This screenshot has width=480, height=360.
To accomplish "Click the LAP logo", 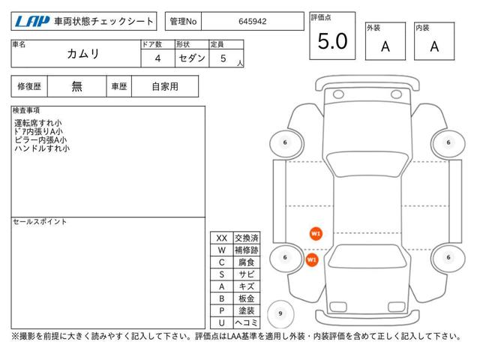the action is pyautogui.click(x=32, y=22).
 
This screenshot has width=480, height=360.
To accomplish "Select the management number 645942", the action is pyautogui.click(x=253, y=22).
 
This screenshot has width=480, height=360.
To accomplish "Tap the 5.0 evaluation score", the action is pyautogui.click(x=332, y=41).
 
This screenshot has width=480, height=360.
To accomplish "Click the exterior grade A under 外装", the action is pyautogui.click(x=385, y=46).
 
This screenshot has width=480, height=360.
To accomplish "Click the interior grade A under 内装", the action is pyautogui.click(x=434, y=46).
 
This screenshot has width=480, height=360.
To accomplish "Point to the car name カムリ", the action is pyautogui.click(x=83, y=54).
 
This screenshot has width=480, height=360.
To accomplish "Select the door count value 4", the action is pyautogui.click(x=157, y=58).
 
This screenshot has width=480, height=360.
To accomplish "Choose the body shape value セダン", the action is pyautogui.click(x=192, y=58).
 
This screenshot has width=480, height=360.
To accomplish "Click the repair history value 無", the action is pyautogui.click(x=76, y=87).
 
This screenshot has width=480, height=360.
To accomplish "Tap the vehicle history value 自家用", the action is pyautogui.click(x=165, y=87).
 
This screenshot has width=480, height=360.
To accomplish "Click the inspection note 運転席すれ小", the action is pyautogui.click(x=38, y=123).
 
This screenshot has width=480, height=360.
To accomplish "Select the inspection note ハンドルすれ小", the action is pyautogui.click(x=42, y=148).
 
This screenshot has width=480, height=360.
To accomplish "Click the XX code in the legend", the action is pyautogui.click(x=222, y=238).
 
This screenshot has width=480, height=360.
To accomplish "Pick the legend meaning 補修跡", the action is pyautogui.click(x=247, y=250).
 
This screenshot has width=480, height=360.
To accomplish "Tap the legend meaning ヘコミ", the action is pyautogui.click(x=247, y=322).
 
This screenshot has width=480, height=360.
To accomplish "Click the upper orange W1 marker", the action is pyautogui.click(x=316, y=234).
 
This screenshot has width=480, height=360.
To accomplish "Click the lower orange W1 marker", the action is pyautogui.click(x=312, y=260).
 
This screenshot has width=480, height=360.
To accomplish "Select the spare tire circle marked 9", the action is pyautogui.click(x=280, y=313).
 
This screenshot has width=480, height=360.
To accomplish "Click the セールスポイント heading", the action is pyautogui.click(x=40, y=222).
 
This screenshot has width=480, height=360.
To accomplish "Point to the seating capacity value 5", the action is pyautogui.click(x=223, y=58).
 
